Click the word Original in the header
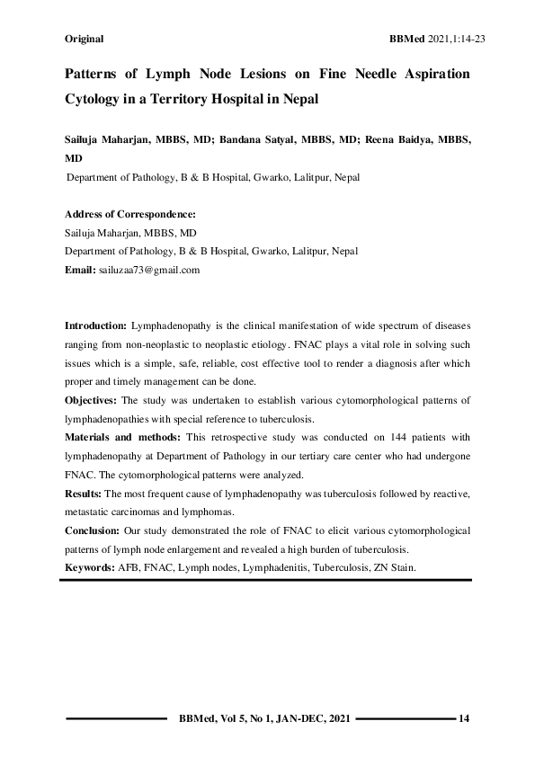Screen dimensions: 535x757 pyautogui.click(x=85, y=39)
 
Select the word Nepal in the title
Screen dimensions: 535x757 pyautogui.click(x=299, y=99)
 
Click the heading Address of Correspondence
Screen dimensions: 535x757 pyautogui.click(x=130, y=215)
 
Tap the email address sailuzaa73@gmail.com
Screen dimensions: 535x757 pyautogui.click(x=149, y=269)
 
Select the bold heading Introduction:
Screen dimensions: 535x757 pyautogui.click(x=96, y=325)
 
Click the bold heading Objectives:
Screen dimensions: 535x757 pyautogui.click(x=93, y=399)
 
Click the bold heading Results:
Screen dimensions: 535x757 pyautogui.click(x=84, y=494)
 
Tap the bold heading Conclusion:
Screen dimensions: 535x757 pyautogui.click(x=93, y=530)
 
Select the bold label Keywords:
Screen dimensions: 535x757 pyautogui.click(x=89, y=568)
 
